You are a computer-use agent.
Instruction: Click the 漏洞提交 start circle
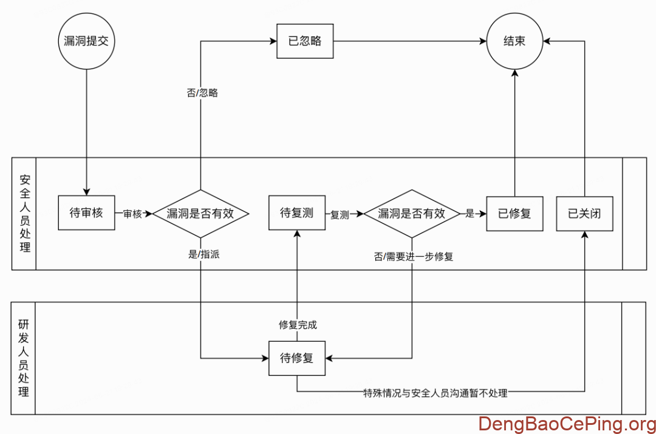point(87,41)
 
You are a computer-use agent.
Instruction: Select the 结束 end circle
point(515,41)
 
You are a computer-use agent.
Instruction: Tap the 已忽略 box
point(305,41)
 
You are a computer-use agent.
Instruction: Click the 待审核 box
point(87,213)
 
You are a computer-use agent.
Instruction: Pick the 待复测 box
point(297,212)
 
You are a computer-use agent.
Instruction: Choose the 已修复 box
point(515,213)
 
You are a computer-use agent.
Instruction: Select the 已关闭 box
point(584,213)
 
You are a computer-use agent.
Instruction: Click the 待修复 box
point(297,358)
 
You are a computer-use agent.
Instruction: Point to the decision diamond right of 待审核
point(200,213)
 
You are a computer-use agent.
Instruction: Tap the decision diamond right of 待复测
point(412,213)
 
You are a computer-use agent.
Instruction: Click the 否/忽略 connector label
point(202,93)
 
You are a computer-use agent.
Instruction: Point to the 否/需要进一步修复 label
point(414,257)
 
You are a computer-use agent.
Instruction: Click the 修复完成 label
point(298,325)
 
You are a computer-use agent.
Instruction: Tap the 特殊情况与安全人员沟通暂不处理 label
point(435,393)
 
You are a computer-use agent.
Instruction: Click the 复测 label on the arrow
point(340,214)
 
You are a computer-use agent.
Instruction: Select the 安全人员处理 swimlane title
point(24,213)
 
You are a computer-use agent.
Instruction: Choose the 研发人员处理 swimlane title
point(24,358)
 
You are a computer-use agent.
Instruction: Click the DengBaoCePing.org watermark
point(565,423)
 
